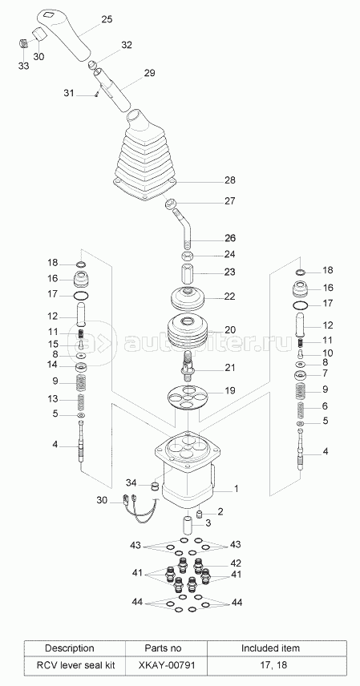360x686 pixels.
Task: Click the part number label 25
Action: pos(107,19)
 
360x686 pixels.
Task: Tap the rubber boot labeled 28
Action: pos(144,158)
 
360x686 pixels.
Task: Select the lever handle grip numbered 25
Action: pos(65,34)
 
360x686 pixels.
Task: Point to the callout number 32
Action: pos(127,45)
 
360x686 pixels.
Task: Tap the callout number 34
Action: pos(131,482)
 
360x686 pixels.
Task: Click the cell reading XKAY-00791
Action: pos(166,665)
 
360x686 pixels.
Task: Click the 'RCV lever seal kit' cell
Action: pos(75,665)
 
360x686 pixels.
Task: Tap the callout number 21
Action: pos(230,368)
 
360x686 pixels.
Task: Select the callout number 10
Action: pos(328,353)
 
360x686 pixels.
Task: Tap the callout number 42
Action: pos(236,563)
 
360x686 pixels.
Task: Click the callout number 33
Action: pos(23,66)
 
